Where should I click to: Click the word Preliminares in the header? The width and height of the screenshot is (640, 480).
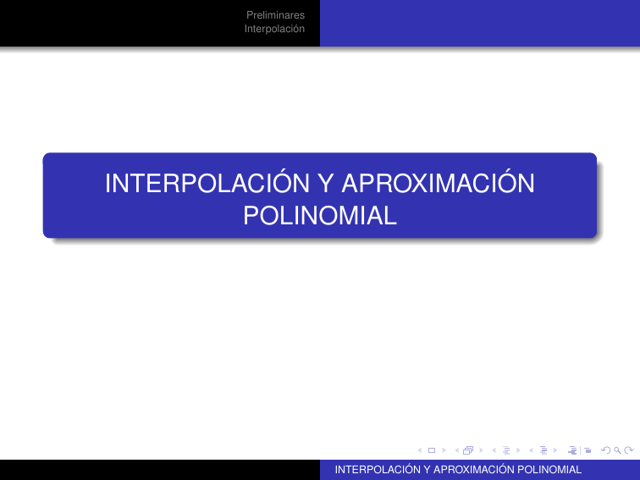(275, 15)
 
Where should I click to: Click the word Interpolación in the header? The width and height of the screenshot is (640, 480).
(274, 29)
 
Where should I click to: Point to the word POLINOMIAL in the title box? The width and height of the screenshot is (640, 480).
(320, 216)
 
